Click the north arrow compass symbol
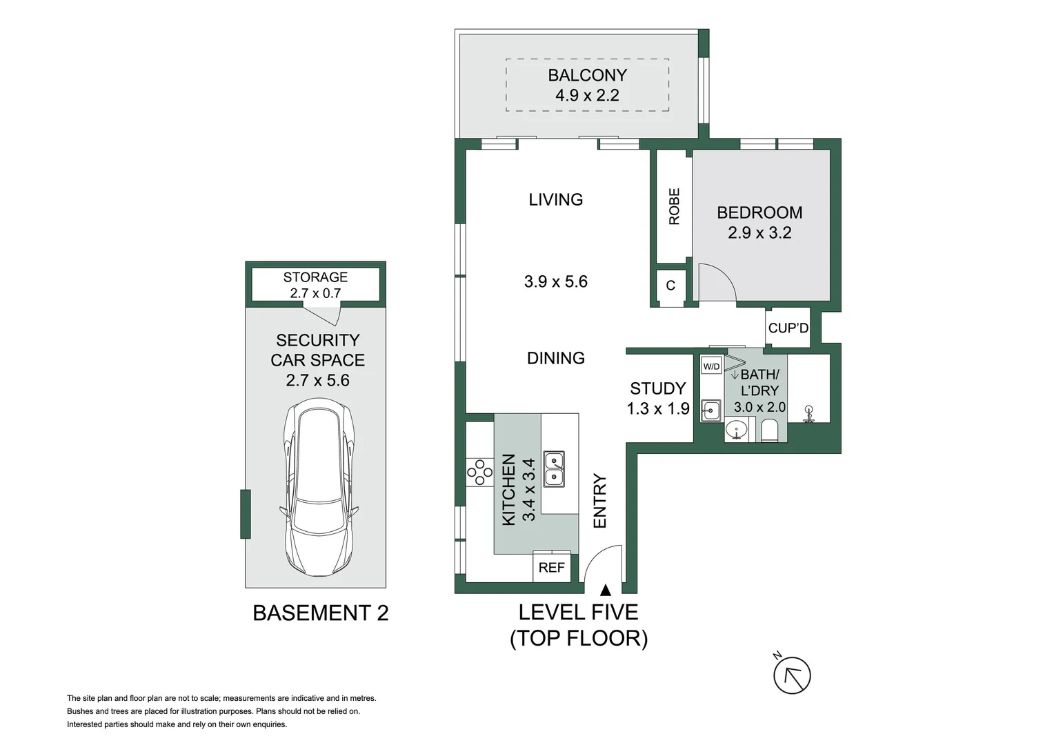point(791,675)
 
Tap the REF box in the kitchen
point(551,568)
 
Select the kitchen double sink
point(554,469)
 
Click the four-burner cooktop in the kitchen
point(476,472)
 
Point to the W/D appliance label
point(711,366)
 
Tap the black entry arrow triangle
point(605,590)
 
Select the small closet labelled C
point(670,286)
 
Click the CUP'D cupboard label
point(788,328)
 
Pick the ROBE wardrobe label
point(674,206)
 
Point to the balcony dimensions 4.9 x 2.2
point(587,95)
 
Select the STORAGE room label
point(315,277)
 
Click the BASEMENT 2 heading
point(320,613)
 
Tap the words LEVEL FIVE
point(578,612)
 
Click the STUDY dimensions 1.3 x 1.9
point(657,408)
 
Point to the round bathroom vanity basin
point(736,430)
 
